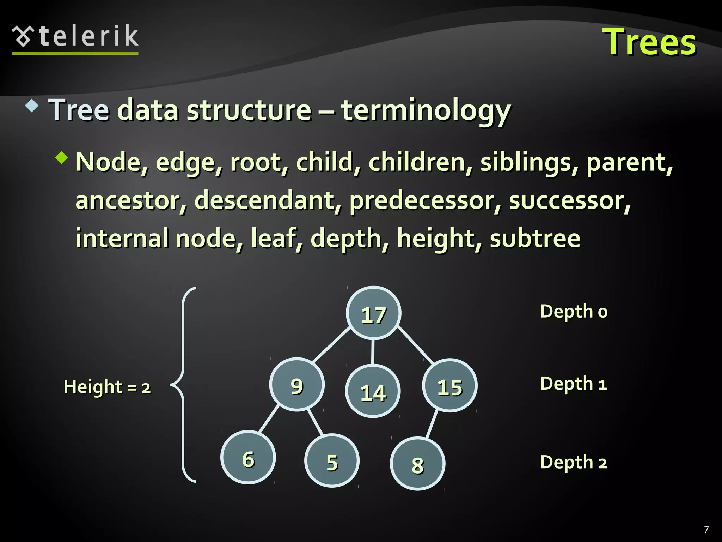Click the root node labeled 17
coord(373,313)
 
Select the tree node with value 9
coord(297,385)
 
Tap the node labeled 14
coord(373,391)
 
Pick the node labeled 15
coord(449,386)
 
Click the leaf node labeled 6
coord(248,458)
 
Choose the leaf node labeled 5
coord(332,461)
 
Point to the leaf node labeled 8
coord(417,464)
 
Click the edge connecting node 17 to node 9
coord(331,345)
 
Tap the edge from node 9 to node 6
coord(269,419)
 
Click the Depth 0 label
coord(574,312)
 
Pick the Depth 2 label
coord(574,462)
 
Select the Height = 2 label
coord(107,386)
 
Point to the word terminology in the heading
coord(426,110)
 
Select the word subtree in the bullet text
coord(535,239)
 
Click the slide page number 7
coord(706,530)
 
